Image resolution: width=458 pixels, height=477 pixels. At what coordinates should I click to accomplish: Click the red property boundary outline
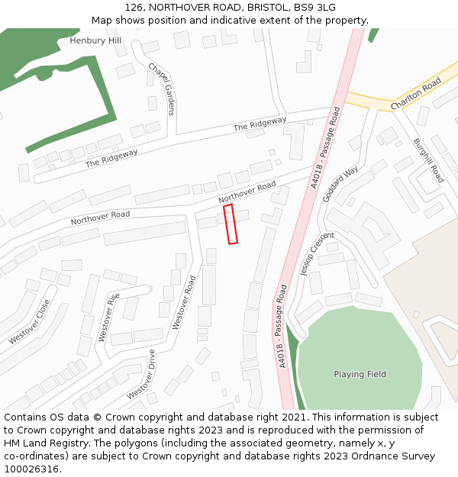(x=231, y=224)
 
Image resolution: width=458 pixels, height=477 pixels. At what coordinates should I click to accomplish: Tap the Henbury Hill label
(x=95, y=40)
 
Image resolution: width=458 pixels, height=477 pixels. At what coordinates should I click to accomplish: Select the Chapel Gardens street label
(x=161, y=89)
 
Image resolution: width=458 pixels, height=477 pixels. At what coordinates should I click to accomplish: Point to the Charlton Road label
(x=416, y=93)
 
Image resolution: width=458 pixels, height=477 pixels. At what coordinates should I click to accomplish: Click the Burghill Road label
(x=428, y=160)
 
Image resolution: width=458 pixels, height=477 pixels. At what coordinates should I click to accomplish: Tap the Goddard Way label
(x=340, y=183)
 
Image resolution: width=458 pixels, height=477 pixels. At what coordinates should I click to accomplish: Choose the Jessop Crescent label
(x=318, y=253)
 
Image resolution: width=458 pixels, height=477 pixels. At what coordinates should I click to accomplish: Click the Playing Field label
(x=360, y=374)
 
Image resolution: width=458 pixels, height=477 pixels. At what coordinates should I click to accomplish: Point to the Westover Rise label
(x=108, y=315)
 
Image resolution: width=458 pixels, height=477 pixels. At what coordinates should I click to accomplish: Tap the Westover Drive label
(x=141, y=374)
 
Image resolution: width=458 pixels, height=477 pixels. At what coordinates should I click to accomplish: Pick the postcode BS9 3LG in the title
(x=316, y=8)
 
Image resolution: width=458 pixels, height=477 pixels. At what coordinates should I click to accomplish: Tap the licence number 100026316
(x=31, y=469)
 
